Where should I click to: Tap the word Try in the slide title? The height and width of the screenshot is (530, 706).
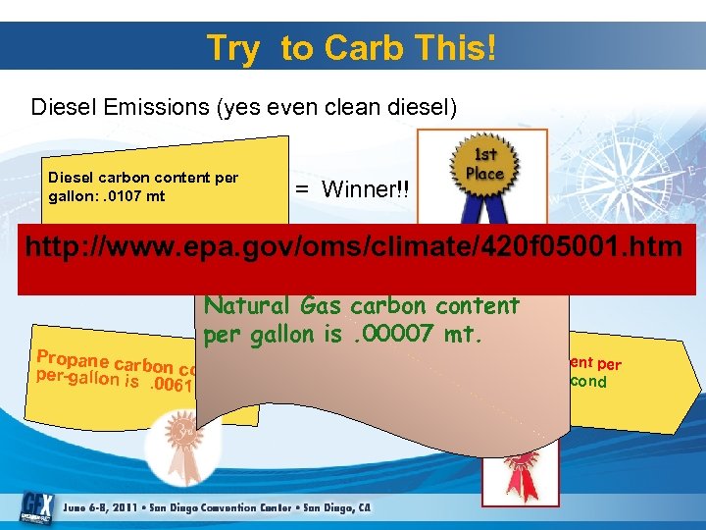point(232,48)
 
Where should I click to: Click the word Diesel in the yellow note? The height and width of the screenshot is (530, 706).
point(71,179)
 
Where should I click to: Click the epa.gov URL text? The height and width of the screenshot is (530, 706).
point(352,246)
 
